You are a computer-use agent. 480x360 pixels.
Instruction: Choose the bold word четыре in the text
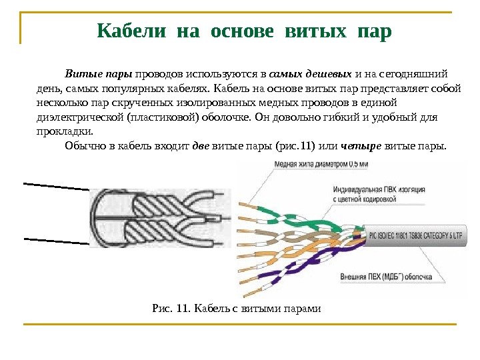[361, 144]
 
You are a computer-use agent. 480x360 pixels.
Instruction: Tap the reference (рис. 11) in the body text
[291, 144]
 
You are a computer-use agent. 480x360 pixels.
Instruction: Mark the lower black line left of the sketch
[56, 240]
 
